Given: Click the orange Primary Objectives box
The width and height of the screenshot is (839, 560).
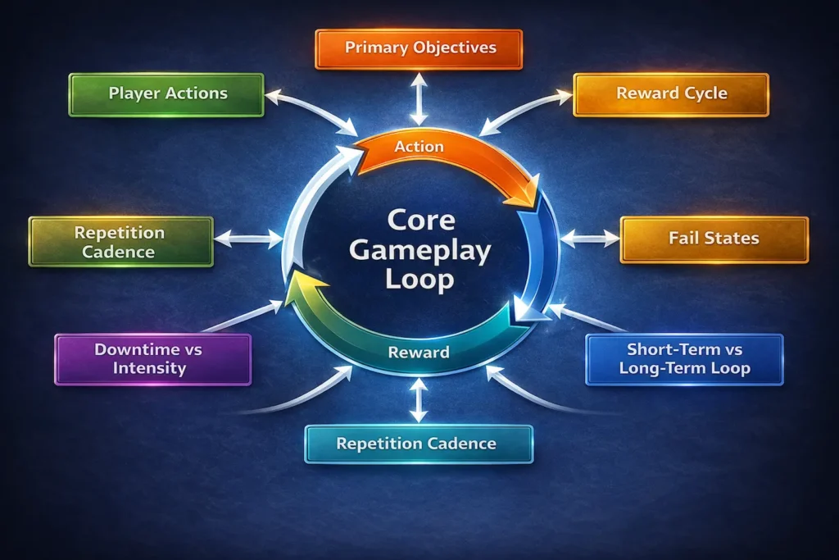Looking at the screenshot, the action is pos(419,48).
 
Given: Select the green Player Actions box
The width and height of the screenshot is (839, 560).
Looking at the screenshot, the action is pos(166,94).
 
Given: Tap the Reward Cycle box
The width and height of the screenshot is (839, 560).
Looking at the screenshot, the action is pos(671,94).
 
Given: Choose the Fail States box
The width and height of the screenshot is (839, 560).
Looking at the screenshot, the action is pos(714,239).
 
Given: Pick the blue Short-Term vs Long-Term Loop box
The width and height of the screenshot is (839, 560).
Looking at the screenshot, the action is pos(684,359).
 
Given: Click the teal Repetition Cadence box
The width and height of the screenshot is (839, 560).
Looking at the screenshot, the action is pos(419,444).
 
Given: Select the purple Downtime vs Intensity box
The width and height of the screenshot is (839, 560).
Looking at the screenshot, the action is pos(153,359).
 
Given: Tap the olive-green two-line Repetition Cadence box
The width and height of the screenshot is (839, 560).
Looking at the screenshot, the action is pos(121,241).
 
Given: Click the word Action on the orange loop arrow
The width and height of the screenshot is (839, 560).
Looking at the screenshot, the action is pos(419,147).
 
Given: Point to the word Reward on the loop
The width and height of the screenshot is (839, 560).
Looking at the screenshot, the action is pos(419,353).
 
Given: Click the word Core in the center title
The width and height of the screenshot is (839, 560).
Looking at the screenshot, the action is pos(421,220).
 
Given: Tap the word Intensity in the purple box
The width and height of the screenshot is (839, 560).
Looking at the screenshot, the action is pos(149,368).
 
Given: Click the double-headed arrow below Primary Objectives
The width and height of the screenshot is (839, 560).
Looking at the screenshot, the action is pos(419,99).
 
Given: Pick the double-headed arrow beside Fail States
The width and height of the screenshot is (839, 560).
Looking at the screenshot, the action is pos(590,238).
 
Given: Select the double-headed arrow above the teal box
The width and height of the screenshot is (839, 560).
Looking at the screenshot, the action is pos(418,400).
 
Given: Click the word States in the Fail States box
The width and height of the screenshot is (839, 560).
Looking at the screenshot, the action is pos(733,238).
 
